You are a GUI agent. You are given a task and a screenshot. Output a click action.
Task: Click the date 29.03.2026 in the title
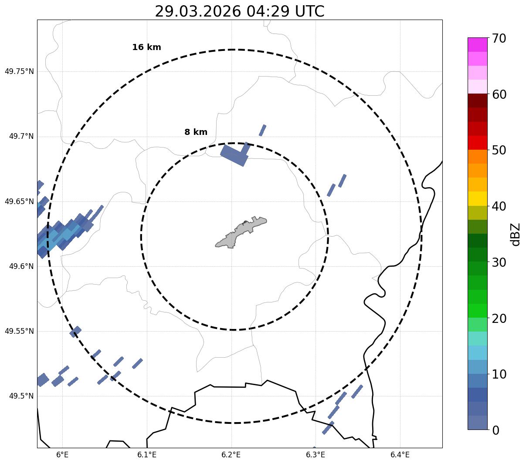coord(197,11)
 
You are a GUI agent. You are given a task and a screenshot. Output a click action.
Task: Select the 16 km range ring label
coord(146,47)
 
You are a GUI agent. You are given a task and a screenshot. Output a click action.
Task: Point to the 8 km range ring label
coord(196,132)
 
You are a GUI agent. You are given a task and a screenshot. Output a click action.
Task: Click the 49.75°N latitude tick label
coord(19,71)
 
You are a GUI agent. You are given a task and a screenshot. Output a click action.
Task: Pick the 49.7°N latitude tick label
coord(21,137)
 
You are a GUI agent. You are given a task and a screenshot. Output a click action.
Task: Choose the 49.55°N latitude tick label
coord(19,331)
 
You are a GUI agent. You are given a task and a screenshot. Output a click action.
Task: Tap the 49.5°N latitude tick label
coord(21,396)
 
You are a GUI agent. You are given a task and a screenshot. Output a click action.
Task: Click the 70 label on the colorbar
coord(499,38)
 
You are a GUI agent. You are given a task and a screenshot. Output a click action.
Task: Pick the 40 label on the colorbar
coord(499,206)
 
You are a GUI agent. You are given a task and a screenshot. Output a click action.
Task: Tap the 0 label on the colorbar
coord(496,430)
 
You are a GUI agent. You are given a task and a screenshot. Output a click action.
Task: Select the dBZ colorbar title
coord(516,234)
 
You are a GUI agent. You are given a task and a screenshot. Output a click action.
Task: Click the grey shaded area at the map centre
coord(240,233)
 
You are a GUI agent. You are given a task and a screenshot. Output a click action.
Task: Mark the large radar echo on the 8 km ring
coord(234,155)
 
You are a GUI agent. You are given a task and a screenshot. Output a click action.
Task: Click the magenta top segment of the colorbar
coord(477,44)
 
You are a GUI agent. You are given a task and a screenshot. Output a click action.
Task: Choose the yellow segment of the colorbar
coord(477,198)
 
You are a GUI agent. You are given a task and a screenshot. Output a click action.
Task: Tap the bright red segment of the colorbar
coord(477,142)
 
